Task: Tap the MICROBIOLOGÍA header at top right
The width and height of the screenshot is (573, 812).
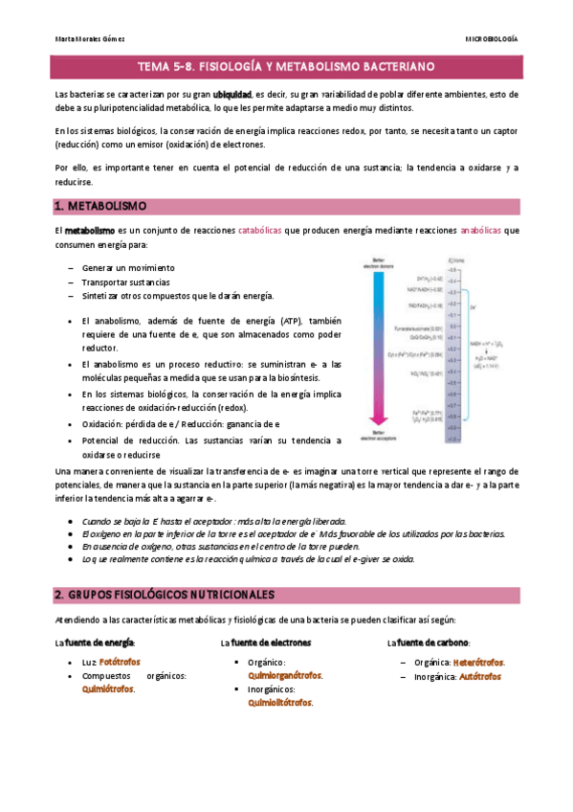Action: tap(492, 39)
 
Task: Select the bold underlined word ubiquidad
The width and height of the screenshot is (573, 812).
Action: tap(231, 96)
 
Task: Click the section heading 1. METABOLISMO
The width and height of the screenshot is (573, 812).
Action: tap(100, 206)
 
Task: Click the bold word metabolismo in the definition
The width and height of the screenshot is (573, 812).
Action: tap(89, 231)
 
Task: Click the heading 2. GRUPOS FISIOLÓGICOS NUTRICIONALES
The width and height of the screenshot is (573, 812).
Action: tap(165, 594)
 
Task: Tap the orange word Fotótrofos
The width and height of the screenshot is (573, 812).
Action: tap(121, 662)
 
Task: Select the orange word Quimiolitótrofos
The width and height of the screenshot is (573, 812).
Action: tap(279, 702)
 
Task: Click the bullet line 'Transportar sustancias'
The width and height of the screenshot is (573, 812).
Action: tap(126, 282)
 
